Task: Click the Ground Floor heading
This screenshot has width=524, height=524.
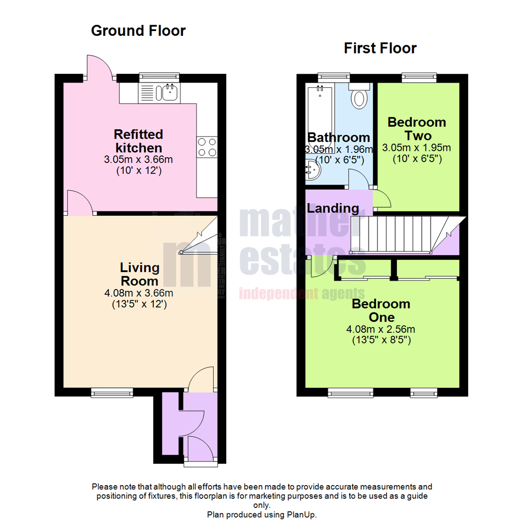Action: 138,31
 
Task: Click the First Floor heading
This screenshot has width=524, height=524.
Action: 380,48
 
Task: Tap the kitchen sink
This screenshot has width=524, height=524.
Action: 169,92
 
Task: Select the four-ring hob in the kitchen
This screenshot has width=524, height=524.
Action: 207,147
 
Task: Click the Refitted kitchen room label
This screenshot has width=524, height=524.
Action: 138,141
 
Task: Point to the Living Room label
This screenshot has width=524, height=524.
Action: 140,274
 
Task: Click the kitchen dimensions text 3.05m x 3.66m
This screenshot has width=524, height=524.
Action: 138,160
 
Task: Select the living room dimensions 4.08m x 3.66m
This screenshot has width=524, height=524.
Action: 140,293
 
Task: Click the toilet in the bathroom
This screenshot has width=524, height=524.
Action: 359,97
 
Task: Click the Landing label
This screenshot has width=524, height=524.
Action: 333,209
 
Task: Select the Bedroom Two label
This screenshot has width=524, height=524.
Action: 416,129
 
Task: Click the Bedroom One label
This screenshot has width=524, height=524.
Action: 381,311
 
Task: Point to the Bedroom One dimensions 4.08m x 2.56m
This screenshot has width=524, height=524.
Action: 381,329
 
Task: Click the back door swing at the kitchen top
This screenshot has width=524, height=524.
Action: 99,68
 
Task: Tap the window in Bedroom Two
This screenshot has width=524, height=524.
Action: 419,77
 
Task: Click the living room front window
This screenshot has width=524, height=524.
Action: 112,392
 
